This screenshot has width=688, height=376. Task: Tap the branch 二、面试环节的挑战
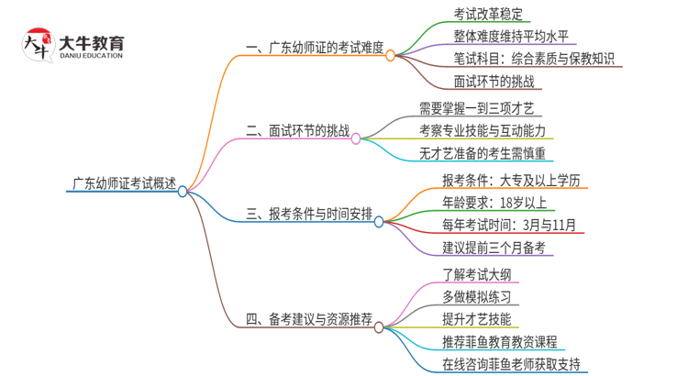click(x=298, y=132)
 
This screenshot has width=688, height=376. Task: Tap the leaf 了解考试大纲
click(x=472, y=272)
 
